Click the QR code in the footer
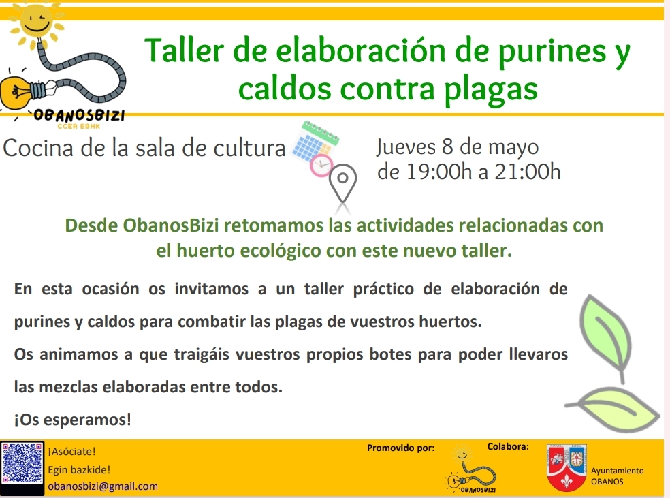pos(22,463)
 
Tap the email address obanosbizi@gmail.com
pos(103,486)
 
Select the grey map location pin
pos(342,183)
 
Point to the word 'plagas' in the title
pos(490,91)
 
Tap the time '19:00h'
pos(439,172)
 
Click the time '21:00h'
pos(527,172)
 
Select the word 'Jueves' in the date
pos(406,147)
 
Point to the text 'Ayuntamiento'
pos(618,471)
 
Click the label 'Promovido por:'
pos(401,448)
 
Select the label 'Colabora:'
pos(508,447)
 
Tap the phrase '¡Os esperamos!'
pos(73,420)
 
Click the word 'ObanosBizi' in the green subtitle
pos(171,225)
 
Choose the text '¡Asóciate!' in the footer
pos(71,452)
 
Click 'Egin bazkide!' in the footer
pos(79,470)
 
